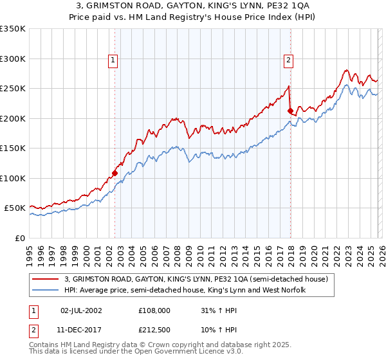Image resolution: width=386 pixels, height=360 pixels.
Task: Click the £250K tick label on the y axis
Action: pyautogui.click(x=13, y=88)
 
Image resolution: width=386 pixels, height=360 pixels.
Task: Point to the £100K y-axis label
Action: pyautogui.click(x=13, y=178)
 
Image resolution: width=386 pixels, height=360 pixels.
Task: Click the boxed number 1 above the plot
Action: pyautogui.click(x=113, y=60)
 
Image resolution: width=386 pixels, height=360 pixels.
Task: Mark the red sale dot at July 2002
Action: pyautogui.click(x=115, y=173)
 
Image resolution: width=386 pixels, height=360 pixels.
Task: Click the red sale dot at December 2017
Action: pyautogui.click(x=290, y=111)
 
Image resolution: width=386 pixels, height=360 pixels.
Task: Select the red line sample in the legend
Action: pyautogui.click(x=46, y=279)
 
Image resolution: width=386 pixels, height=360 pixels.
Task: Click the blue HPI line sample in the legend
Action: pyautogui.click(x=46, y=291)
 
